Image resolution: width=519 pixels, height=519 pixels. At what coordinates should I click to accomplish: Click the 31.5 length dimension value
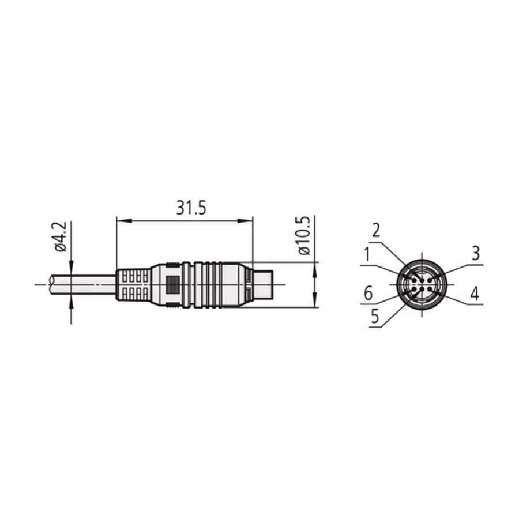(x=191, y=208)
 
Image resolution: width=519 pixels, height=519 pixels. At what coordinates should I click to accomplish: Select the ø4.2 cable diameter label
(x=61, y=237)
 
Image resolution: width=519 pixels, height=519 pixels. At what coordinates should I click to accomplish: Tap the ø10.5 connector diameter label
(x=304, y=235)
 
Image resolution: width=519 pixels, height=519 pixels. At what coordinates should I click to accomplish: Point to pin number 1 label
(x=367, y=254)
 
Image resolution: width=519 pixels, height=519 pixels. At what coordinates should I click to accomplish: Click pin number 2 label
(x=375, y=230)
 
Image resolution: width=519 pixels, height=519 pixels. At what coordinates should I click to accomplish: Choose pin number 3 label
(x=476, y=253)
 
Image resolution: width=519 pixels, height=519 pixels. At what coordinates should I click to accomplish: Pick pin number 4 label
(x=475, y=294)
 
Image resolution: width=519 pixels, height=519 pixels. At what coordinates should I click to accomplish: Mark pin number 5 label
(x=375, y=316)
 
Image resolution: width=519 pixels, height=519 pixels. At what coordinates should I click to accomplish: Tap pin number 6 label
(x=368, y=294)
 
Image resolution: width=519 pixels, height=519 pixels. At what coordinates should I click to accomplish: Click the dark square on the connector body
(x=172, y=285)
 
